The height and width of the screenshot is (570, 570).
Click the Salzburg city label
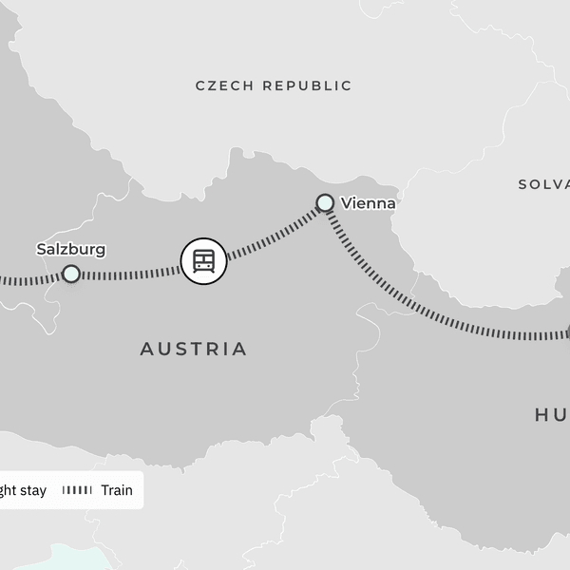pos(70,250)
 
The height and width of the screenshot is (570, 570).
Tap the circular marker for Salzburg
pos(71,275)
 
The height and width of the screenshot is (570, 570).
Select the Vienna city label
pos(367,203)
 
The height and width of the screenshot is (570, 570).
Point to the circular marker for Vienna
pos(325,202)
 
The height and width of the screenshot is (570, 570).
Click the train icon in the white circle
pos(203,260)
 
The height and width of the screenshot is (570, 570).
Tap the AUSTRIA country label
pos(194,349)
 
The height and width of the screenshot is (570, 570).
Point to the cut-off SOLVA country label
pos(542,184)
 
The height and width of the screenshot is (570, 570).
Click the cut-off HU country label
pos(551,414)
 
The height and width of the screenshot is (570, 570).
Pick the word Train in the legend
pos(116,491)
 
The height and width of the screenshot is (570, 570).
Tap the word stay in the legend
pos(32,491)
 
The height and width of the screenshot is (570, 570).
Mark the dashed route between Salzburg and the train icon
pos(128,275)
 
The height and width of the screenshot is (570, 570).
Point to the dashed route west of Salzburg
pos(24,280)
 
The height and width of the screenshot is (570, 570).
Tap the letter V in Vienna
pos(345,203)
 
